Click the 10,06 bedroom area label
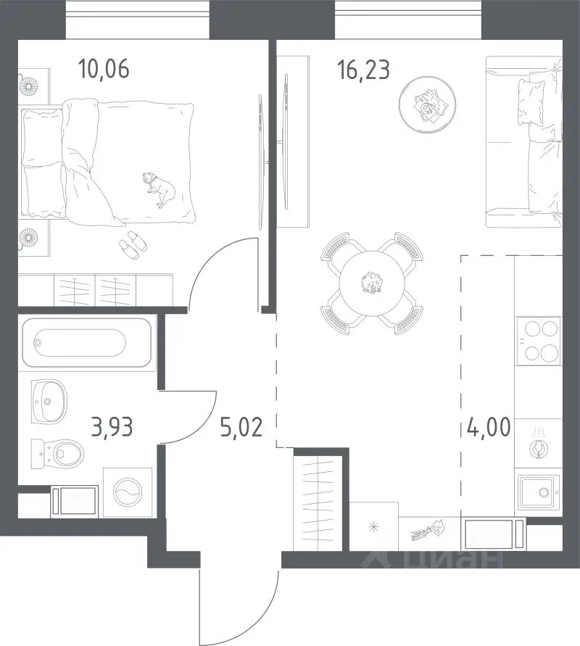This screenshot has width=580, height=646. [x=104, y=69]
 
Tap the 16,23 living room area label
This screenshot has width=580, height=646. [x=363, y=69]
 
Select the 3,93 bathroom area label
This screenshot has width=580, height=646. [x=112, y=427]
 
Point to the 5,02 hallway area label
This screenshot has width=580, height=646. [x=241, y=427]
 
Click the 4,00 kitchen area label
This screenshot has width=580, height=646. [x=489, y=427]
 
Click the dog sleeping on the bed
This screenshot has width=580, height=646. [x=159, y=189]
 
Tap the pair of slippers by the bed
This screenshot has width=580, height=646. [x=133, y=245]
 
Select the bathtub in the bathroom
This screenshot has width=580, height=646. [x=86, y=342]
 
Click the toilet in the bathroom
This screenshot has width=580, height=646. [x=58, y=454]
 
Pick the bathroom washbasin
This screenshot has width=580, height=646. [x=49, y=401]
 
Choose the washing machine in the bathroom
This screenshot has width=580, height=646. [x=128, y=492]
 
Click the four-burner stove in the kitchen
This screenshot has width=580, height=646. [x=538, y=341]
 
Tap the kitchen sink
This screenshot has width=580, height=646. [x=539, y=492]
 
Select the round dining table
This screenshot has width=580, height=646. [x=370, y=283]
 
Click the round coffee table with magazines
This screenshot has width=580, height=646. [x=428, y=104]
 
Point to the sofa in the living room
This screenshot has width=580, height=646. [x=524, y=142]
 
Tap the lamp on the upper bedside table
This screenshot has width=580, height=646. [x=29, y=86]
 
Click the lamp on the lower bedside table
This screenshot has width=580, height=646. [x=29, y=238]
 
